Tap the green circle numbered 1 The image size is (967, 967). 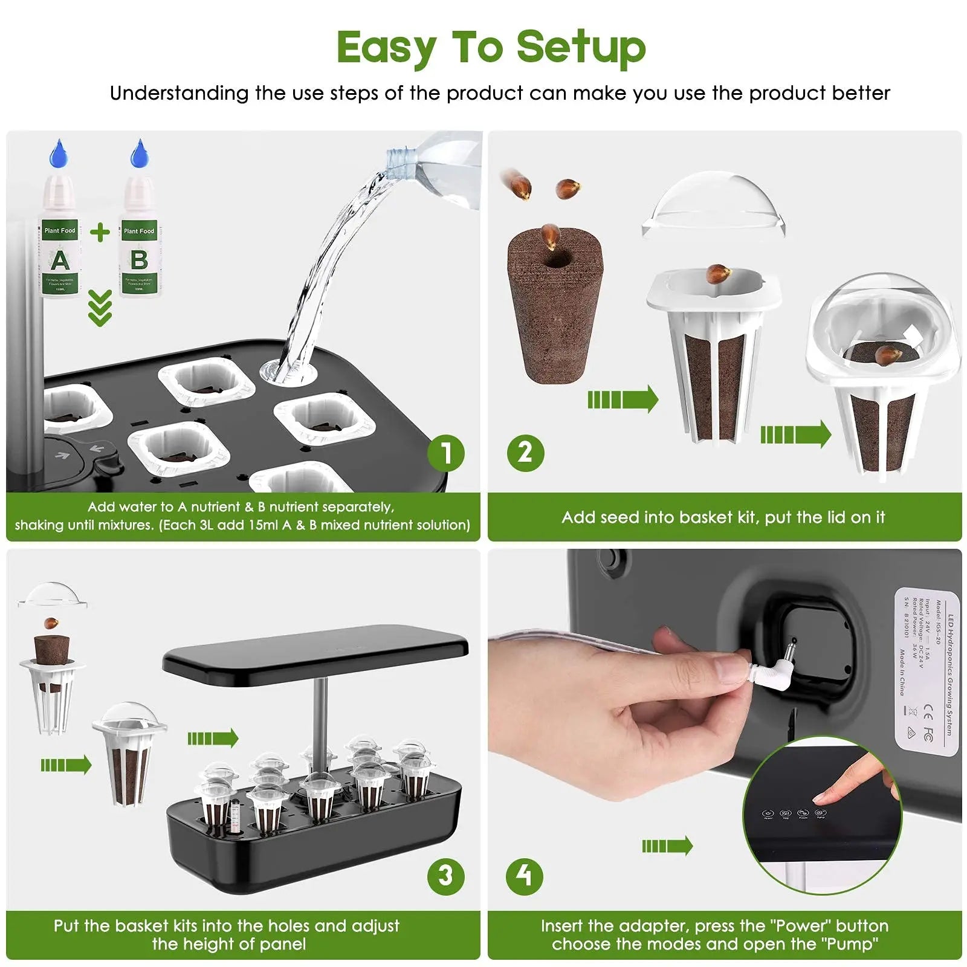pos(446,453)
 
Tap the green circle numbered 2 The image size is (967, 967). pos(525,452)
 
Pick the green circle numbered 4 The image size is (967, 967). pos(525,876)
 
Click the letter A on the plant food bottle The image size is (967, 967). pos(59,260)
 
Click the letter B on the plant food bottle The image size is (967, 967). pos(139,260)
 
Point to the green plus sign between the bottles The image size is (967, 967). pos(100,232)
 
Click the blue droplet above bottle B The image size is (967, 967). pos(139,154)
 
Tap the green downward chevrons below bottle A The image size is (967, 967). pos(100,308)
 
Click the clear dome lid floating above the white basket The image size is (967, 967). pos(714,205)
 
